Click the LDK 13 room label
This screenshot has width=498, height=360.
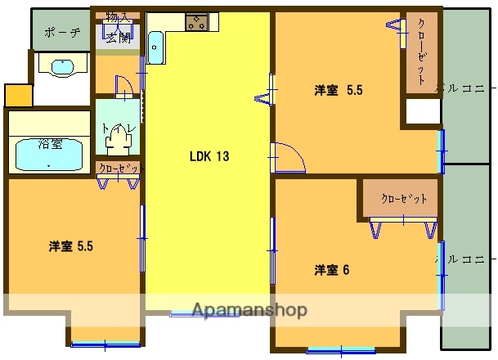point(209,157)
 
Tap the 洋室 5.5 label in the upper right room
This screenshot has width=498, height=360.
point(339,91)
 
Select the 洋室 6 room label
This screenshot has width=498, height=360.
point(332,270)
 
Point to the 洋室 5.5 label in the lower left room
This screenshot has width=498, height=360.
point(70,245)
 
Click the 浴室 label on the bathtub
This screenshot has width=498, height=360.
point(50,144)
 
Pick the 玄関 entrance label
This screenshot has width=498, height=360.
point(118,37)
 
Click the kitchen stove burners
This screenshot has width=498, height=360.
point(196,22)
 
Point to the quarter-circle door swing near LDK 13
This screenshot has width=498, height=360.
point(287,157)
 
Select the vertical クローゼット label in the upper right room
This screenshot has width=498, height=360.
point(420,52)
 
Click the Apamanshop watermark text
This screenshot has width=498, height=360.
point(249,310)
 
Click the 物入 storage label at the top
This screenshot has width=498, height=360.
point(118,16)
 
